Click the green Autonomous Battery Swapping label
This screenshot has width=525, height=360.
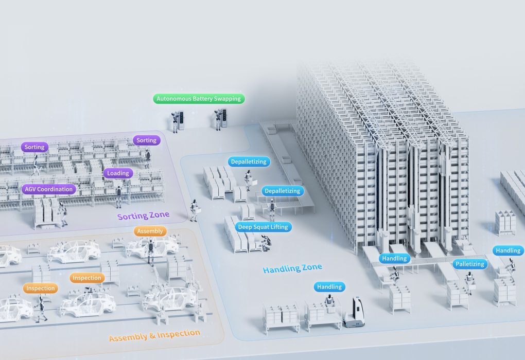[x=199, y=98]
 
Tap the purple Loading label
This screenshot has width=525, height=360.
[x=118, y=173]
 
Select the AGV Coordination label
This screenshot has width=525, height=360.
[x=49, y=189]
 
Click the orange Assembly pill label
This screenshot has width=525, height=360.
[x=150, y=231]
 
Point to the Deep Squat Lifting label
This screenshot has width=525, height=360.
[x=262, y=227]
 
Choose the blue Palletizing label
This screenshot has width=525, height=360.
[x=470, y=264]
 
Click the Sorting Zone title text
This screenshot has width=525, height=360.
[x=143, y=216]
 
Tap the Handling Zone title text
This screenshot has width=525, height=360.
[x=292, y=268]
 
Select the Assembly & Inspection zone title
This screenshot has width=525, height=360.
[x=154, y=335]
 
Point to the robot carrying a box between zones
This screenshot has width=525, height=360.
[x=194, y=210]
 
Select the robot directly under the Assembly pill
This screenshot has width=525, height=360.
[x=151, y=251]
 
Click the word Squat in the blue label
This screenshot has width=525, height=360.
[x=264, y=227]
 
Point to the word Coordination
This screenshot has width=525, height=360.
[x=58, y=189]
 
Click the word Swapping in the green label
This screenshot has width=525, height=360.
[x=228, y=98]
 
